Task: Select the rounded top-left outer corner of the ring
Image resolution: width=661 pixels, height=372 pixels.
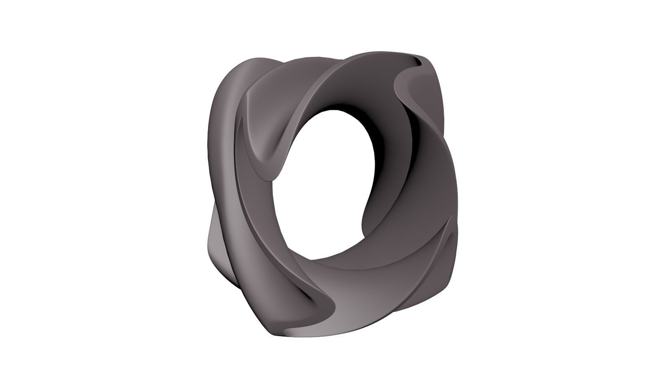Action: click(x=235, y=66)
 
